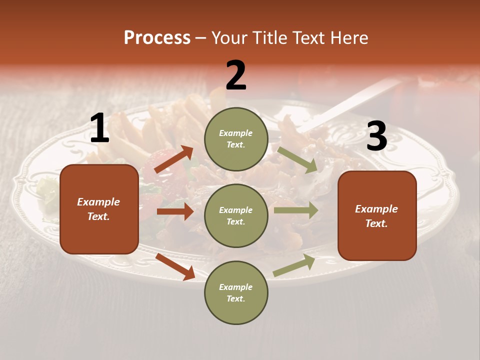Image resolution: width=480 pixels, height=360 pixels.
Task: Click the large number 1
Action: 99,128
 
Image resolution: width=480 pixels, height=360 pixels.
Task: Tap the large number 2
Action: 236,75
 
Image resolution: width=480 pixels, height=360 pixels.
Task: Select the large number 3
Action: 376,136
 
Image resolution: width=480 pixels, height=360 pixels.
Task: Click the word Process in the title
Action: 157,37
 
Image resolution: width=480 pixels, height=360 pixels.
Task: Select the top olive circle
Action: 236,139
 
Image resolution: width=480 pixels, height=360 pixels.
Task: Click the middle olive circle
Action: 236,215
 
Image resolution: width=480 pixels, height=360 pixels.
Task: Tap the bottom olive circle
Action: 236,292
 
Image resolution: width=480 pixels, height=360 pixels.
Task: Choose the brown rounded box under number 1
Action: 99,209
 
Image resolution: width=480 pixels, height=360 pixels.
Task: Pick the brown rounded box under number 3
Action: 377,215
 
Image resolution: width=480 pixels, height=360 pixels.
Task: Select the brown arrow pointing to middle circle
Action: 175,211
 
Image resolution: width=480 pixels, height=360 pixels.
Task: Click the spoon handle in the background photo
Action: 350,102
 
